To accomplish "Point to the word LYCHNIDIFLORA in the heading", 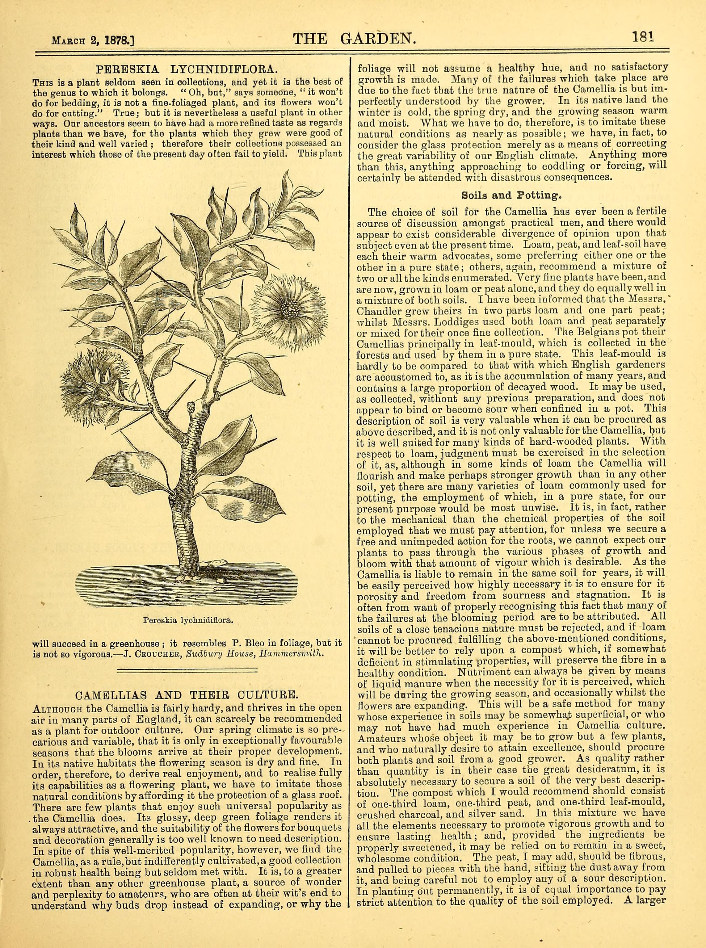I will click(220, 69).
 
